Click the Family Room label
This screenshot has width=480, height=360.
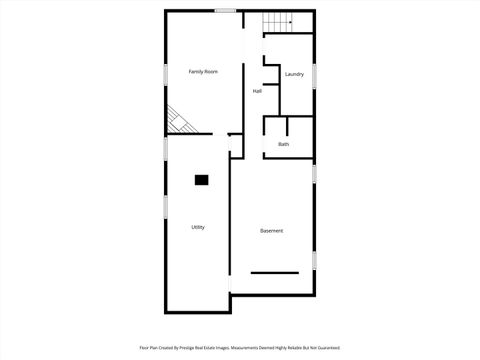(204, 72)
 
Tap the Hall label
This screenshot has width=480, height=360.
(257, 91)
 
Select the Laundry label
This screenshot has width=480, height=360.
(294, 74)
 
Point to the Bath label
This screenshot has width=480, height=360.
(284, 144)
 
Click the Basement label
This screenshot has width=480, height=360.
(272, 231)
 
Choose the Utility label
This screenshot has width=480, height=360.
(198, 227)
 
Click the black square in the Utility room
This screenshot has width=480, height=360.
(201, 179)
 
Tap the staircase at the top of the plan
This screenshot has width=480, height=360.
(277, 21)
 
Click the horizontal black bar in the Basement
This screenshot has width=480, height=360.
(274, 272)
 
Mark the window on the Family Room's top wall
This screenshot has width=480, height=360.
(225, 11)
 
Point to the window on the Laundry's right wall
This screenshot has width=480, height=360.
(314, 76)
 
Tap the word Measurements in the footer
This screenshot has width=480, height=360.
(246, 348)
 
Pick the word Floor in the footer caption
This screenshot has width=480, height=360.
(144, 348)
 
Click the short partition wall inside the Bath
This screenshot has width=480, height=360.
(287, 126)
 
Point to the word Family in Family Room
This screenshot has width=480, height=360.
(197, 72)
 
